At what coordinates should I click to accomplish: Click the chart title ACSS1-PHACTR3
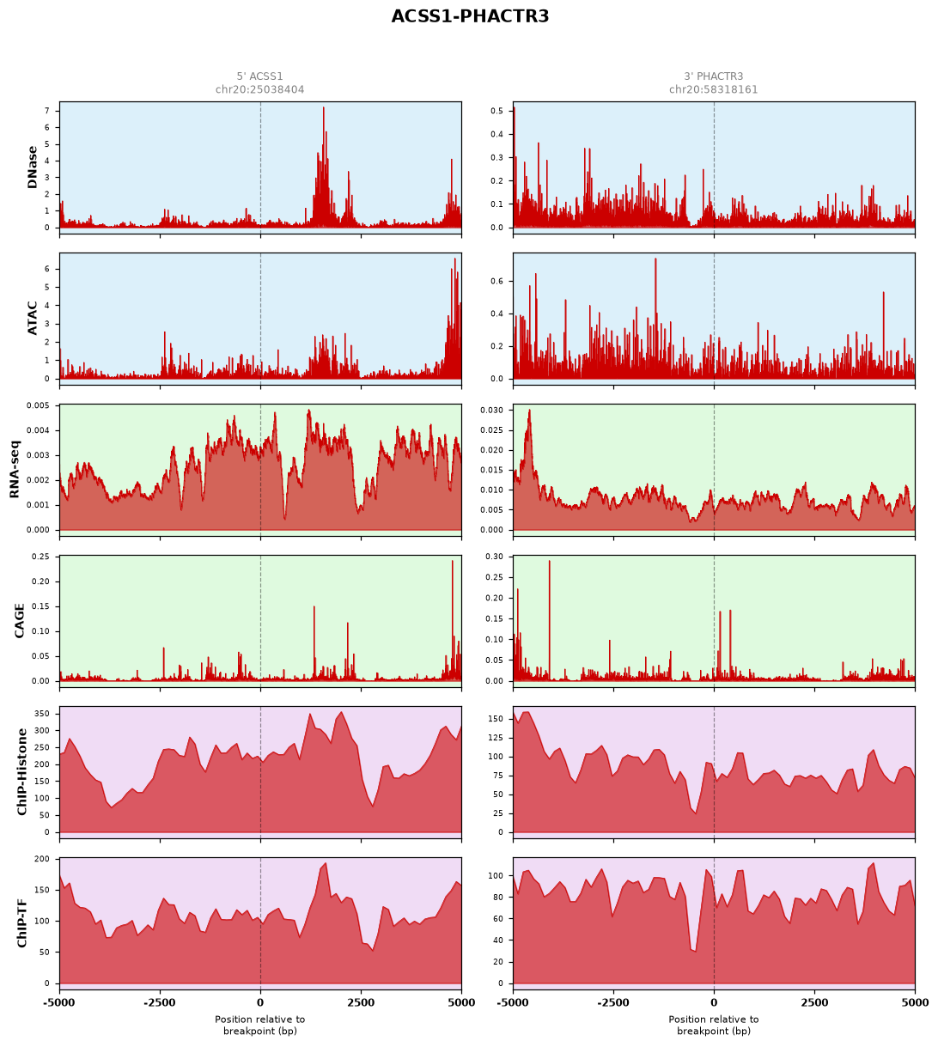pos(469,16)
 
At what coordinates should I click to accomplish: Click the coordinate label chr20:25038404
pos(260,89)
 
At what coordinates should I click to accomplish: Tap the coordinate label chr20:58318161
pos(713,89)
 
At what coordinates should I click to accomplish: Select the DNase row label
pos(33,167)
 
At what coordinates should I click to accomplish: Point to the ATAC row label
pos(33,318)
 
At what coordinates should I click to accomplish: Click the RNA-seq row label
pos(15,469)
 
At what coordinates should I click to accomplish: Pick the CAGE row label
pos(20,620)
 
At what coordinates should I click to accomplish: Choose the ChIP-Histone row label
pos(21,771)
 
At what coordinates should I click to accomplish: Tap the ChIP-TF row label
pos(21,922)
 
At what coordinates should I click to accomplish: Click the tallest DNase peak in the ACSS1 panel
pos(324,108)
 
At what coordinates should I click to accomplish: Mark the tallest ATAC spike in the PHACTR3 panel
pos(655,259)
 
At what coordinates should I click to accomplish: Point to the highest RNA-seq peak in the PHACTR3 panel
pos(530,411)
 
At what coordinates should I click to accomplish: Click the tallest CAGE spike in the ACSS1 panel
pos(452,561)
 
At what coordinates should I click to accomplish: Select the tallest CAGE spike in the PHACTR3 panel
pos(550,561)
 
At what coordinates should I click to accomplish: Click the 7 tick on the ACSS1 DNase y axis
pos(47,111)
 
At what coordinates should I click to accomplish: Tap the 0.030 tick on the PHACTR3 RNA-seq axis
pos(491,411)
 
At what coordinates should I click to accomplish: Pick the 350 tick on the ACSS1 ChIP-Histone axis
pos(42,714)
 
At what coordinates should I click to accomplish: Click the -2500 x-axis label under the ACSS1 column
pos(160,1002)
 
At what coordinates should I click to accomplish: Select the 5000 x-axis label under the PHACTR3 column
pos(914,1002)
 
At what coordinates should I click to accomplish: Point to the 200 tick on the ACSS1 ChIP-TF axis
pos(42,859)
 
